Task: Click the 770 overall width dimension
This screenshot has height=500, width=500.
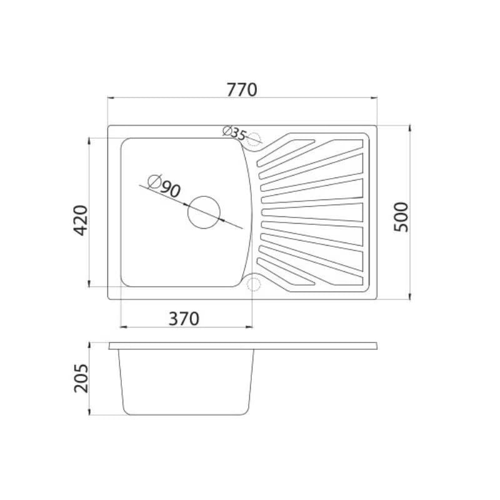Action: [242, 90]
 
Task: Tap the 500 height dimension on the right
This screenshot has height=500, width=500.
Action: [401, 217]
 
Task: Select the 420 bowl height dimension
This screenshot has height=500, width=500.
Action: [81, 221]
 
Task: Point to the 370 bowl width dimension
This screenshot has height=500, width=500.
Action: [184, 319]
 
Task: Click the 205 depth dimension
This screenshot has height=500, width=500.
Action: [81, 378]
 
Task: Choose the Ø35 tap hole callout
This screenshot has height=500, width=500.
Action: [235, 133]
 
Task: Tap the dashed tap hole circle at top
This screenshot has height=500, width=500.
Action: [254, 139]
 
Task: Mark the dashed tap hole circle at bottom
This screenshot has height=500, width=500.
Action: [254, 284]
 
